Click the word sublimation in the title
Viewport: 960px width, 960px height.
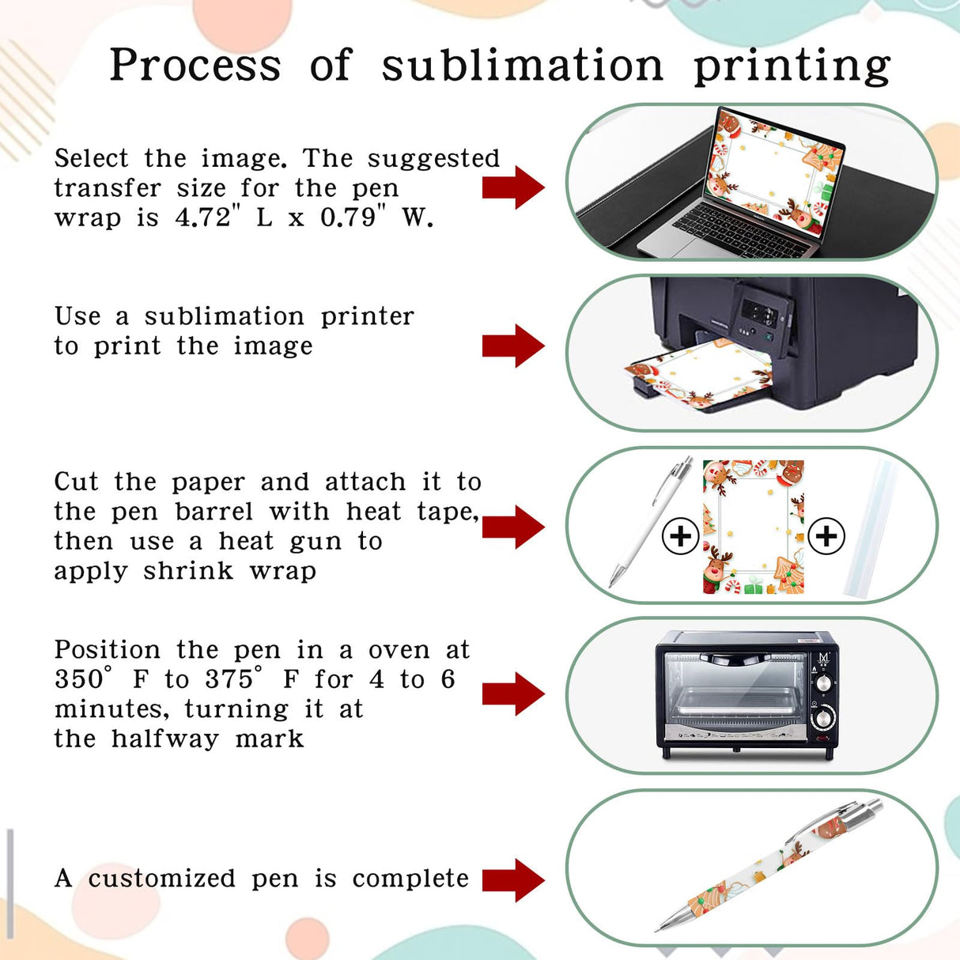(x=522, y=66)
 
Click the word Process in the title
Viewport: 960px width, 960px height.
(x=195, y=66)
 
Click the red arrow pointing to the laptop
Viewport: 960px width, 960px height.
(x=514, y=187)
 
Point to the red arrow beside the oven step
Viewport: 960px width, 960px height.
(x=514, y=694)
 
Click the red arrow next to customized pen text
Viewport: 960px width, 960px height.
(x=514, y=879)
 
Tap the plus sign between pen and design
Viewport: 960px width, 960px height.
(x=680, y=536)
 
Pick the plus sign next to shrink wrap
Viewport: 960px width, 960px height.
(x=826, y=536)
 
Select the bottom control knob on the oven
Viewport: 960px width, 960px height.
(x=823, y=718)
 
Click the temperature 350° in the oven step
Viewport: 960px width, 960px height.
(x=82, y=679)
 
